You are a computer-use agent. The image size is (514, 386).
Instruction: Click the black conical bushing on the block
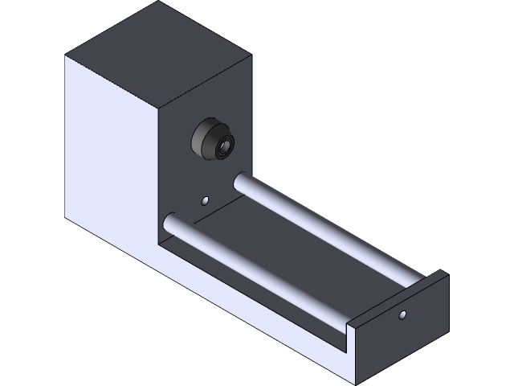coord(212,142)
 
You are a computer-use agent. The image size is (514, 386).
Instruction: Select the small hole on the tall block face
coord(206,199)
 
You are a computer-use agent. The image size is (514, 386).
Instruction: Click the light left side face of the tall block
coord(108,153)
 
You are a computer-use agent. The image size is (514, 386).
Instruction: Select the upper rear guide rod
coord(321,225)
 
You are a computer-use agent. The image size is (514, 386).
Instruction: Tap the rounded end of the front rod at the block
coord(169,222)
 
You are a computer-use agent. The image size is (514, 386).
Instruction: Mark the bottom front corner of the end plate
coord(357,380)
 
